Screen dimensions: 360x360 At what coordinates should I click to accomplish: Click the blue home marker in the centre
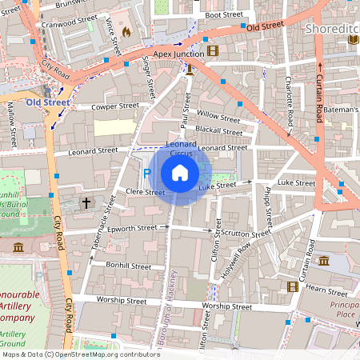pos(180,173)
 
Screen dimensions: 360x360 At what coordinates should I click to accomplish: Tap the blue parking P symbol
pos(146,174)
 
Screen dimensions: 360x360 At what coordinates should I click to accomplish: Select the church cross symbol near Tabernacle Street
pos(86,203)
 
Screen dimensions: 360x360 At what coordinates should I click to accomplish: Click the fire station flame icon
pos(126,33)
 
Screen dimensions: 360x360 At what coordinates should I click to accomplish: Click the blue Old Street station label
pos(46,103)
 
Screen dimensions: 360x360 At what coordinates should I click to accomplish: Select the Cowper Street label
pos(115,106)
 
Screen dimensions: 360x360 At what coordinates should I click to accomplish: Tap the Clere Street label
pos(145,192)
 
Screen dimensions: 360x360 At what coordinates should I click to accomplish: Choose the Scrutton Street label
pos(248,233)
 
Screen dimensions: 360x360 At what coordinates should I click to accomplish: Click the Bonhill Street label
pos(129,266)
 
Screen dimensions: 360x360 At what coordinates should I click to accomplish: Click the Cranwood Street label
pos(70,23)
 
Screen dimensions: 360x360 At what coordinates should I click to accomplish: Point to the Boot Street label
pos(223,14)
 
